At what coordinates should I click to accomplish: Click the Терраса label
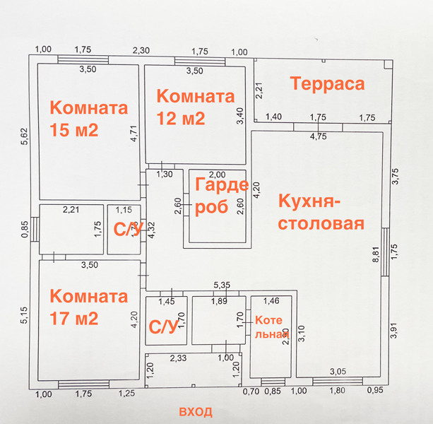328,84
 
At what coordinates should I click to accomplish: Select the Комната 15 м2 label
89,119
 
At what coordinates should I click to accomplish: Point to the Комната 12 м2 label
195,107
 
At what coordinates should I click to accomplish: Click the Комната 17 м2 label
89,307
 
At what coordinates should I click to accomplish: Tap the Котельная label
272,326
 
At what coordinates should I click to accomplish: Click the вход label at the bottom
196,411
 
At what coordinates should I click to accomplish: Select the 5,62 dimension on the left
23,131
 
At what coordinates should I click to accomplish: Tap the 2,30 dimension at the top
141,50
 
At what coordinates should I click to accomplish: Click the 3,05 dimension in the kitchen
338,371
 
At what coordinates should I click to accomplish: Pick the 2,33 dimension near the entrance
178,359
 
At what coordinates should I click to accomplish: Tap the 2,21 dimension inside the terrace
259,90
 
